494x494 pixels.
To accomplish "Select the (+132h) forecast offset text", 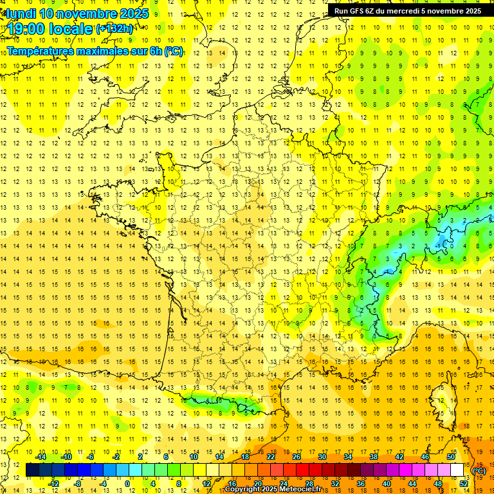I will [x=114, y=29].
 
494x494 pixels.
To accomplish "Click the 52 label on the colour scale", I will [x=464, y=484].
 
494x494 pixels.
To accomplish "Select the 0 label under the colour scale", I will [x=127, y=484].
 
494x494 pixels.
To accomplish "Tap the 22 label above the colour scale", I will [x=271, y=457].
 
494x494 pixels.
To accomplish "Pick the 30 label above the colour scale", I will [x=322, y=457].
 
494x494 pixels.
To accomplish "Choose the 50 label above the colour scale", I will [x=450, y=457].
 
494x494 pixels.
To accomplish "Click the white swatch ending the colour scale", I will [x=457, y=470].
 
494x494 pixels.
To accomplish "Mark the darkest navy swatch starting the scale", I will [x=32, y=470].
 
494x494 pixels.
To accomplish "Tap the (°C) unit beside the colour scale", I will [x=479, y=470].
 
